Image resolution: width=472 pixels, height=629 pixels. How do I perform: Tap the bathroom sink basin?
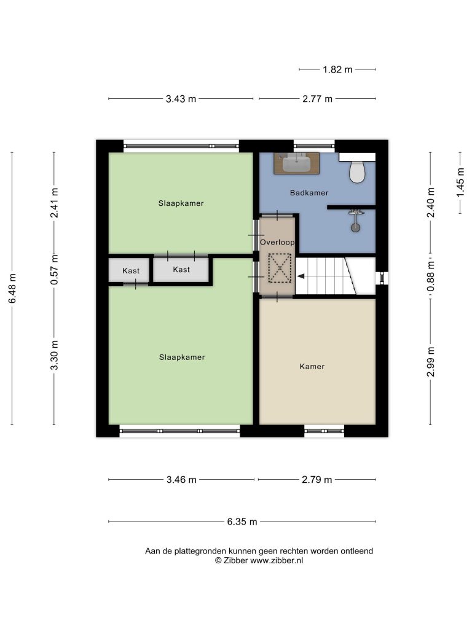point(296,163)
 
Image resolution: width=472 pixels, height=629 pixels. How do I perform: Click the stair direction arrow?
point(301,276)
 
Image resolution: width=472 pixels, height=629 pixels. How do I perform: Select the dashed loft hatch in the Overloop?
point(280,268)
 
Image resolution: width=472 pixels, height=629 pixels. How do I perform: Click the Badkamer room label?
point(309,193)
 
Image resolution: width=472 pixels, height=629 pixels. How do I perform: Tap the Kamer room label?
point(312,366)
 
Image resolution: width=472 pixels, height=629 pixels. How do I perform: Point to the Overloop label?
point(277,242)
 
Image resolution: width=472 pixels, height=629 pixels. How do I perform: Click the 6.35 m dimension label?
point(242,522)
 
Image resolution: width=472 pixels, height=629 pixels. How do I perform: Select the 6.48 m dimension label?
point(12,289)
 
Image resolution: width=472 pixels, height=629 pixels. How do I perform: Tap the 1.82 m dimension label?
point(337,70)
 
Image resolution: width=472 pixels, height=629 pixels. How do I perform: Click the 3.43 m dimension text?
point(181,99)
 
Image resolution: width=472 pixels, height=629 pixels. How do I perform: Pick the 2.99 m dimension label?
point(431,362)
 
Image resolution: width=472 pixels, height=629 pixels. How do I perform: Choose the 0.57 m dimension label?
point(54,270)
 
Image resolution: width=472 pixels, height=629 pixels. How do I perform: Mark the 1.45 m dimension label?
point(460,183)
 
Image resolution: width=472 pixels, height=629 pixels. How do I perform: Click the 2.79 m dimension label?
point(317,480)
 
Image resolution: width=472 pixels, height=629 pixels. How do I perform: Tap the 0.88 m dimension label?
point(431,276)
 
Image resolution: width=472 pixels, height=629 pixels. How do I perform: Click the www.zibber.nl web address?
point(277,561)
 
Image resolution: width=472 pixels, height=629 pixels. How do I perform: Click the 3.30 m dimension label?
point(54,355)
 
